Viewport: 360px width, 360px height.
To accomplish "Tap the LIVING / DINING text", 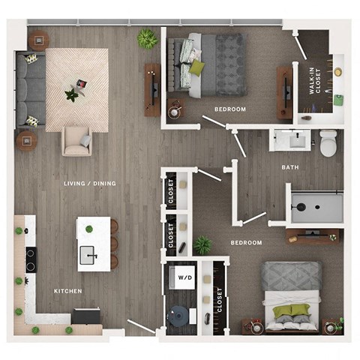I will pos(89,183).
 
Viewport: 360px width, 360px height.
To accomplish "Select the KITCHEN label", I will pos(67,291).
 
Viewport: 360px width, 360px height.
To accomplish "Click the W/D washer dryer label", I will pos(184,278).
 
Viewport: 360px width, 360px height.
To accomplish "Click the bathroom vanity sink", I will pos(290,140).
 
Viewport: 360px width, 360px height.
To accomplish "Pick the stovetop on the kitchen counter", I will pos(31,259).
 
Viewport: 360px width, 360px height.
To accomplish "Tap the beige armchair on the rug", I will pos(77,139).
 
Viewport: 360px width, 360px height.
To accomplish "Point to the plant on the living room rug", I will pos(72,94).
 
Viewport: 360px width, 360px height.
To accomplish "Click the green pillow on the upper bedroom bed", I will pos(196,67).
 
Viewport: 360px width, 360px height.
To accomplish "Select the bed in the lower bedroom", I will pos(290,296).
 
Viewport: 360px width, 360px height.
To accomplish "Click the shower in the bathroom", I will pos(316,205).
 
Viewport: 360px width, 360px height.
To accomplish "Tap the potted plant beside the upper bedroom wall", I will pos(146,38).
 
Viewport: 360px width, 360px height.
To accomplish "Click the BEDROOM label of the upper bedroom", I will pos(229,109).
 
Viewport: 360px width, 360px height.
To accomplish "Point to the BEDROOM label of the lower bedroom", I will pos(246,243).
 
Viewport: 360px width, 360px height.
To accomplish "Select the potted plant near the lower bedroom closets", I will pos(202,244).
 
